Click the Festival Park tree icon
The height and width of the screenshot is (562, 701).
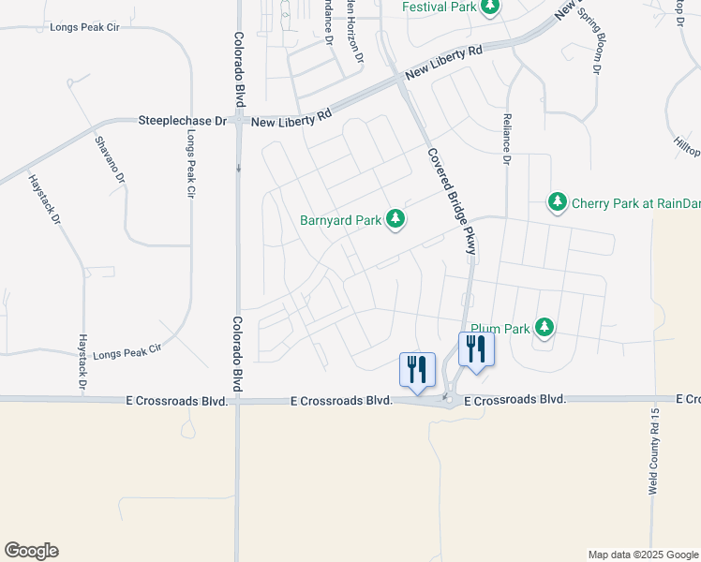(489, 7)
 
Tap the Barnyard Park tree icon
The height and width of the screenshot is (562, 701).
(396, 219)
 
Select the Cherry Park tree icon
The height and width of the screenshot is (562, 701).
(558, 201)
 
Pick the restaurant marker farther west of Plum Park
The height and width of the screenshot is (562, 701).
(417, 368)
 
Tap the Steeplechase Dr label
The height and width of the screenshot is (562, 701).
(183, 121)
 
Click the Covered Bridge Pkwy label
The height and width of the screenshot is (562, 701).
(453, 201)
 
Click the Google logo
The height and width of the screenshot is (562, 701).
(31, 551)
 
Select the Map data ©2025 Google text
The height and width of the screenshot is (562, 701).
(642, 555)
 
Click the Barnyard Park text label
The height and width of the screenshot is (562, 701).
(341, 221)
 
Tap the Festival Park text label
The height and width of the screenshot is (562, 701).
(440, 7)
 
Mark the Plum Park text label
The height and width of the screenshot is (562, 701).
(500, 329)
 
